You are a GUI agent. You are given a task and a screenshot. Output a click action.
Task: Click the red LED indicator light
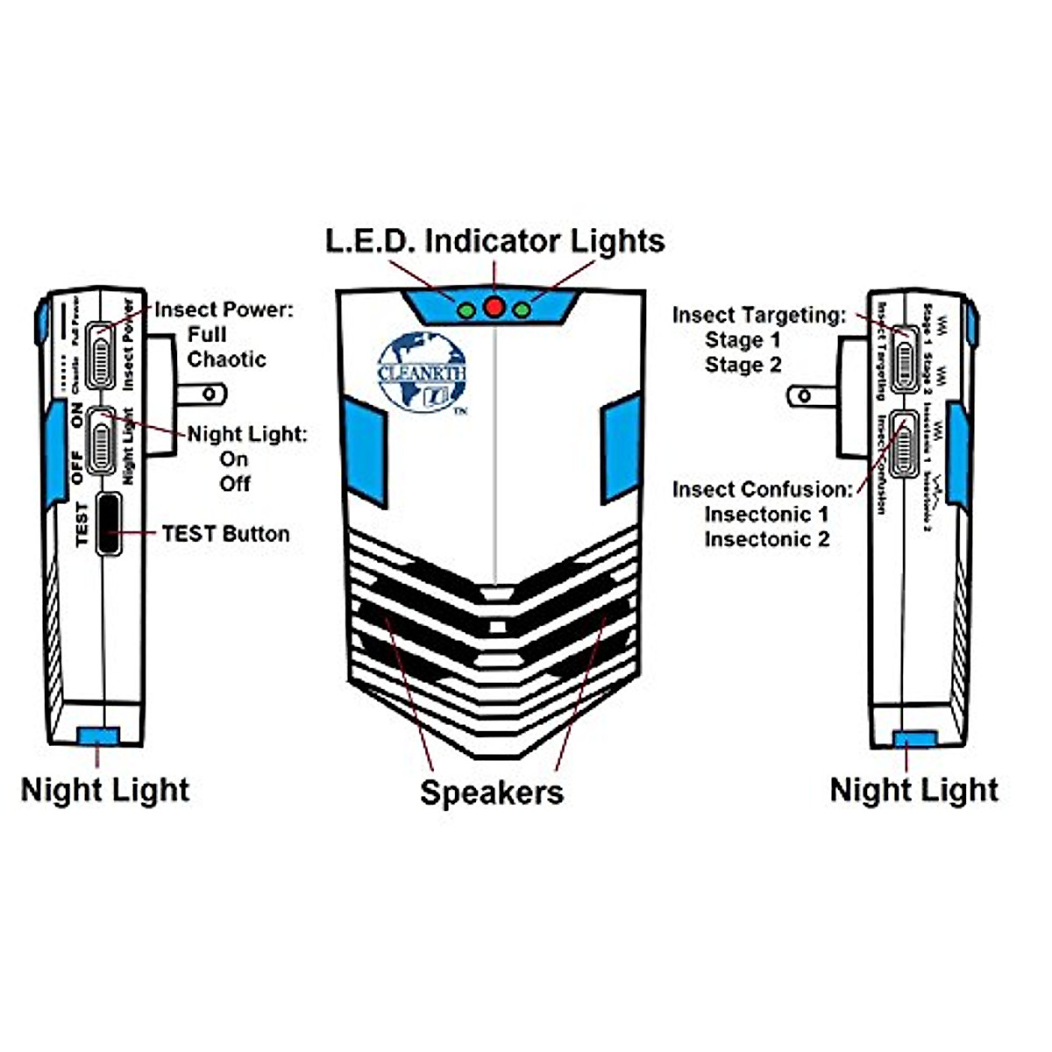494,307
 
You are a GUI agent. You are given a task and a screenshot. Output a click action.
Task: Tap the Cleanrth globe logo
422,372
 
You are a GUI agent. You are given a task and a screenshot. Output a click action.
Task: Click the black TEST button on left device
109,524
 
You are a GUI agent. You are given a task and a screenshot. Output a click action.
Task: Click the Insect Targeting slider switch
904,359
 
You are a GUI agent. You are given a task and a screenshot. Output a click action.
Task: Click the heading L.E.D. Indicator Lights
495,241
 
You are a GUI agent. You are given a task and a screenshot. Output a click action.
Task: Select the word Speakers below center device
492,793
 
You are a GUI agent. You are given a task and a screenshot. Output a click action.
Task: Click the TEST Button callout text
225,534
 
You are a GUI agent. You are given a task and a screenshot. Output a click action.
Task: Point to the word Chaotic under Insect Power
226,359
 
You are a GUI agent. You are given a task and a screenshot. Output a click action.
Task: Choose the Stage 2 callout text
743,365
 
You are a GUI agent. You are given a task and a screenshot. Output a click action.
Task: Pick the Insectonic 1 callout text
766,514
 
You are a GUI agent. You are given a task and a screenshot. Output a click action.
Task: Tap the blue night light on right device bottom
914,739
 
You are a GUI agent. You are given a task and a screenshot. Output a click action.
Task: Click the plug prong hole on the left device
209,394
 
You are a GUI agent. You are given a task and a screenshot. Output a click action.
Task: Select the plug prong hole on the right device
803,396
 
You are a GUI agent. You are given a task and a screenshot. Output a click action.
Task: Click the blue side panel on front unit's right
620,449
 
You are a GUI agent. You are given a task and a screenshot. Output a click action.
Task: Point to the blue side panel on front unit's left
364,451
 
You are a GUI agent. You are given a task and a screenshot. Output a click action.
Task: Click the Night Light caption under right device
913,790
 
